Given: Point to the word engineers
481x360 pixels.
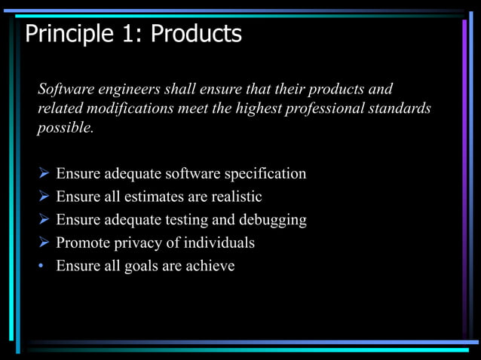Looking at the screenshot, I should click(x=129, y=90).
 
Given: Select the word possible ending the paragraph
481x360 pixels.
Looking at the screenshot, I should click(x=66, y=127).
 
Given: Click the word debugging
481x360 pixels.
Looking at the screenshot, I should click(x=273, y=220).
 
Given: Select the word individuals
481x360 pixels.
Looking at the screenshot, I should click(x=217, y=243).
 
